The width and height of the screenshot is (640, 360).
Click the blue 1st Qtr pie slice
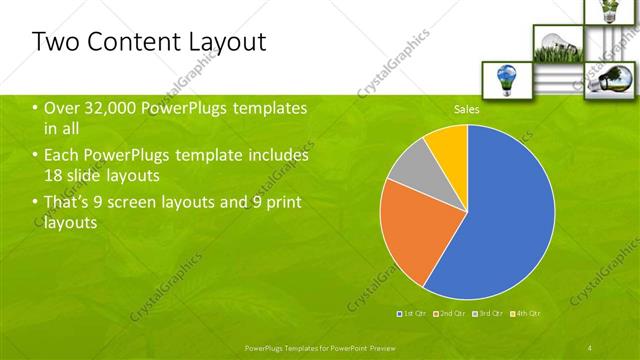click(505, 215)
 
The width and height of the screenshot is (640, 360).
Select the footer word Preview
click(393, 346)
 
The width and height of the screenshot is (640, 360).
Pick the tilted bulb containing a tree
click(607, 79)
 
